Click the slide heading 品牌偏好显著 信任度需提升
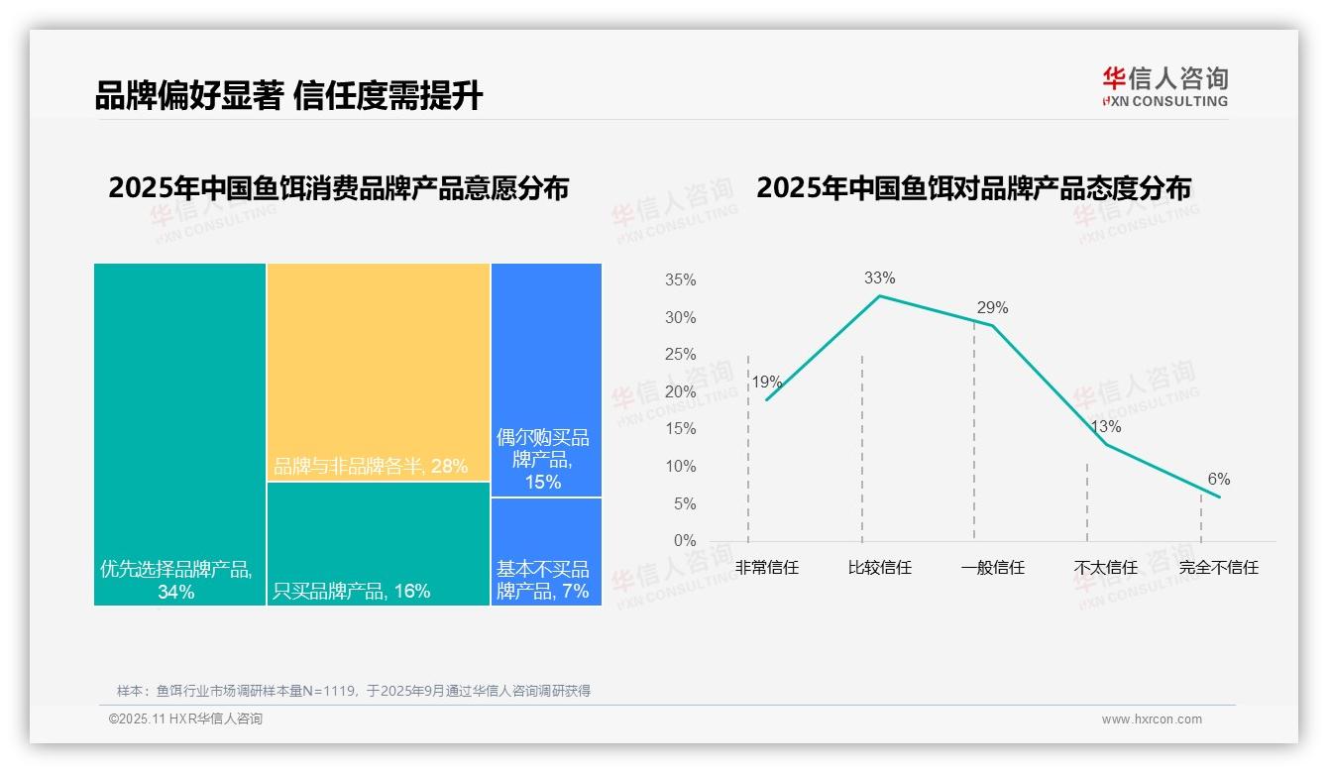pos(288,96)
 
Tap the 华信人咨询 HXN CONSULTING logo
pos(1164,87)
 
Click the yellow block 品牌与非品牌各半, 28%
pos(378,372)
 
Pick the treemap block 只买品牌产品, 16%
pos(378,543)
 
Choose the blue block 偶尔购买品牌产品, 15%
pos(546,380)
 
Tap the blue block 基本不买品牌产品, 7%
pos(546,551)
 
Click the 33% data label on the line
pos(879,278)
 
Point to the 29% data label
pos(992,308)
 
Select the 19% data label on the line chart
pos(766,383)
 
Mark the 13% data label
pos(1105,427)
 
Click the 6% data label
pos(1218,480)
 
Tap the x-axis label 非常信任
pos(766,568)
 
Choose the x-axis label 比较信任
pos(879,568)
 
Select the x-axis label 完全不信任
pos(1218,568)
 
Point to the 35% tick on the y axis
pos(680,280)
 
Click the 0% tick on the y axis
pos(685,541)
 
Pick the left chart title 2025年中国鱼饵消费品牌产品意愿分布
pos(338,188)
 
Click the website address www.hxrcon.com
pos(1152,719)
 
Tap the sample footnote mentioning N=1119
pos(354,691)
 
